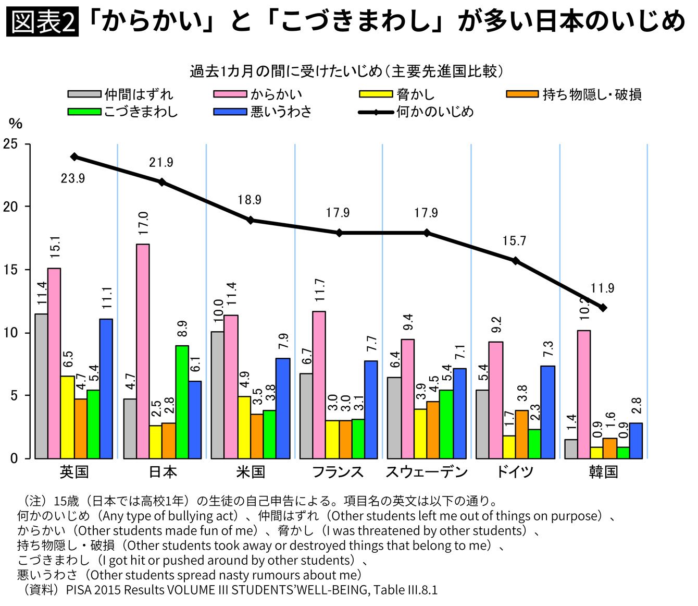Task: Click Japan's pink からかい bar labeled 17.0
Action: pyautogui.click(x=143, y=351)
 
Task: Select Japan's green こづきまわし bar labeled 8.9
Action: pyautogui.click(x=182, y=402)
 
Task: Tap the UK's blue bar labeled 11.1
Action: pyautogui.click(x=106, y=389)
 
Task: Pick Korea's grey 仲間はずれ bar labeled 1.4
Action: pyautogui.click(x=571, y=449)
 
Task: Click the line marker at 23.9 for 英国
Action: pyautogui.click(x=74, y=156)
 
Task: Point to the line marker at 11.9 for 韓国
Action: pyautogui.click(x=603, y=308)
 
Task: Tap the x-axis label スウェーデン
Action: pyautogui.click(x=426, y=472)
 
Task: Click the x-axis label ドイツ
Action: pyautogui.click(x=514, y=472)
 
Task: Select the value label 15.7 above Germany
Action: pyautogui.click(x=514, y=241)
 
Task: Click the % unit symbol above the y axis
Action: pyautogui.click(x=16, y=124)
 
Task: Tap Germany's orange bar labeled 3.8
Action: pyautogui.click(x=522, y=434)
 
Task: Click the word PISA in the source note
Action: pyautogui.click(x=79, y=590)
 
